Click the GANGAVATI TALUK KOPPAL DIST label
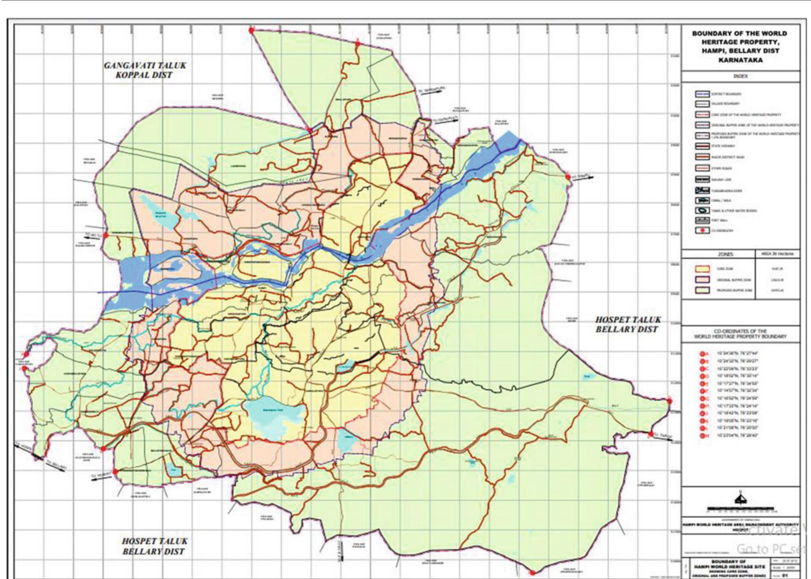[144, 70]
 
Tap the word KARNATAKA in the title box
[740, 60]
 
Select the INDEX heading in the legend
[740, 76]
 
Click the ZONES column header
[725, 254]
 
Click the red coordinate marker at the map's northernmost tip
[251, 31]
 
